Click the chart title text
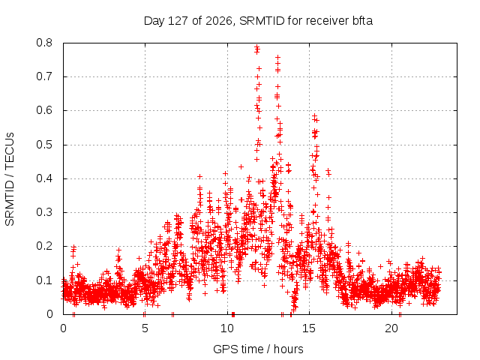point(258,21)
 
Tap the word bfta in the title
point(361,21)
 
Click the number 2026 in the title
point(218,21)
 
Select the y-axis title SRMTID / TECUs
point(10,178)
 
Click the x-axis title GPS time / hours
point(258,349)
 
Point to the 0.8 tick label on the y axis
point(44,43)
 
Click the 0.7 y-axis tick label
point(44,76)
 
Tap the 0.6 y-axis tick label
point(44,110)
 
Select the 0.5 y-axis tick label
point(44,145)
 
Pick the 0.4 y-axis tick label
point(44,178)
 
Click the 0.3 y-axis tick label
point(44,212)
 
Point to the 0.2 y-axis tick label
point(44,246)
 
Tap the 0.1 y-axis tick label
point(44,280)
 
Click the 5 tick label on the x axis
point(145,328)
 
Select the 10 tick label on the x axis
point(227,328)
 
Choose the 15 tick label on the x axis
point(309,328)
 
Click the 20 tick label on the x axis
point(391,328)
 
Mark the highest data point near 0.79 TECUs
point(256,46)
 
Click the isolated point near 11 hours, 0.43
point(241,166)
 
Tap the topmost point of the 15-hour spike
point(314,115)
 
